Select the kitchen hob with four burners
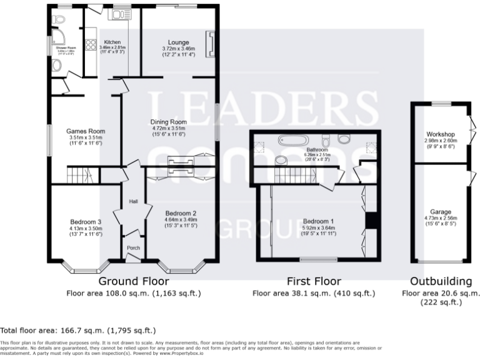[89, 44]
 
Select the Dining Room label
[169, 122]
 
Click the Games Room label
[86, 131]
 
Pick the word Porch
[133, 248]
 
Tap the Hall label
[133, 202]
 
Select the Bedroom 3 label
[86, 222]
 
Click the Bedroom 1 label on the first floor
[318, 222]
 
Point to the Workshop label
[440, 134]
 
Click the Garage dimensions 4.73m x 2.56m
[440, 218]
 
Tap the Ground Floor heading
[134, 281]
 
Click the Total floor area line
[78, 331]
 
